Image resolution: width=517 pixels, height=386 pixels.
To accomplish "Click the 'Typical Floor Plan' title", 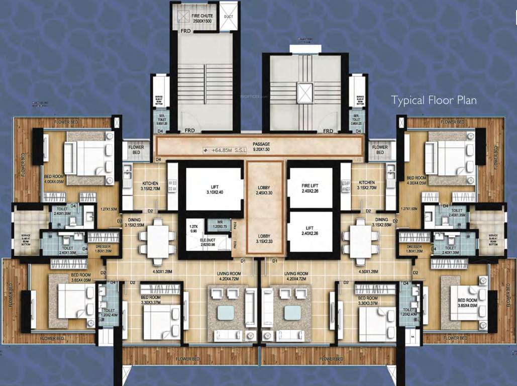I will tap(434, 100).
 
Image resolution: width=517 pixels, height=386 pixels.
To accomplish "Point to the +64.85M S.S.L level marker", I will tap(224, 150).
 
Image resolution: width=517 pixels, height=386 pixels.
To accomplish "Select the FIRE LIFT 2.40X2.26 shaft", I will tap(309, 188).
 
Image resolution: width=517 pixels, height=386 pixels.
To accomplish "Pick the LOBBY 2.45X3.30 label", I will tap(263, 190).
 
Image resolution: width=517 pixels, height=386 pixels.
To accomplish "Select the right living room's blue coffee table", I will tap(292, 313).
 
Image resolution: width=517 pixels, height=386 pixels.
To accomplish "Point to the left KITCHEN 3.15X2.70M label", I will tap(150, 185).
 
